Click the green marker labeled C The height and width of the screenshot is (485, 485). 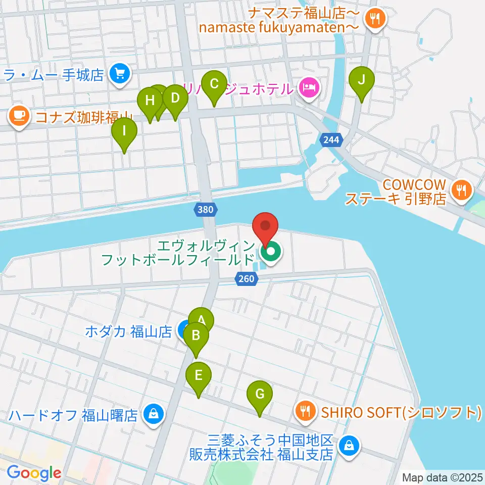[x=214, y=84]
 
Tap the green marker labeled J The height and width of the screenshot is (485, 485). [x=362, y=80]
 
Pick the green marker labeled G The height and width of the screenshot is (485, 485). [x=260, y=394]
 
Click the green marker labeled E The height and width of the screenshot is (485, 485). [x=199, y=376]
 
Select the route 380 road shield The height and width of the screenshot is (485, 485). [x=207, y=209]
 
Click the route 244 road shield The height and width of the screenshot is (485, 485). [x=331, y=139]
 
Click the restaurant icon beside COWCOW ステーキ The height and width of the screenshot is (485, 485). [x=461, y=190]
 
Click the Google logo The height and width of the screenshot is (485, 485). [x=34, y=473]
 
